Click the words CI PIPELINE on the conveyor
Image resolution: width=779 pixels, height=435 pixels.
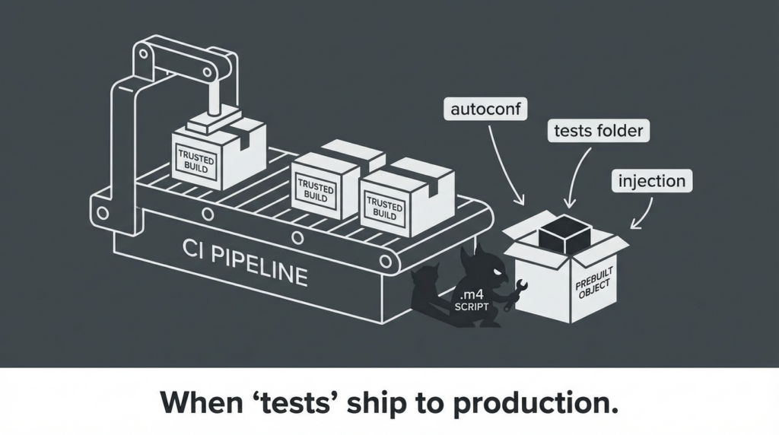click(x=245, y=261)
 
